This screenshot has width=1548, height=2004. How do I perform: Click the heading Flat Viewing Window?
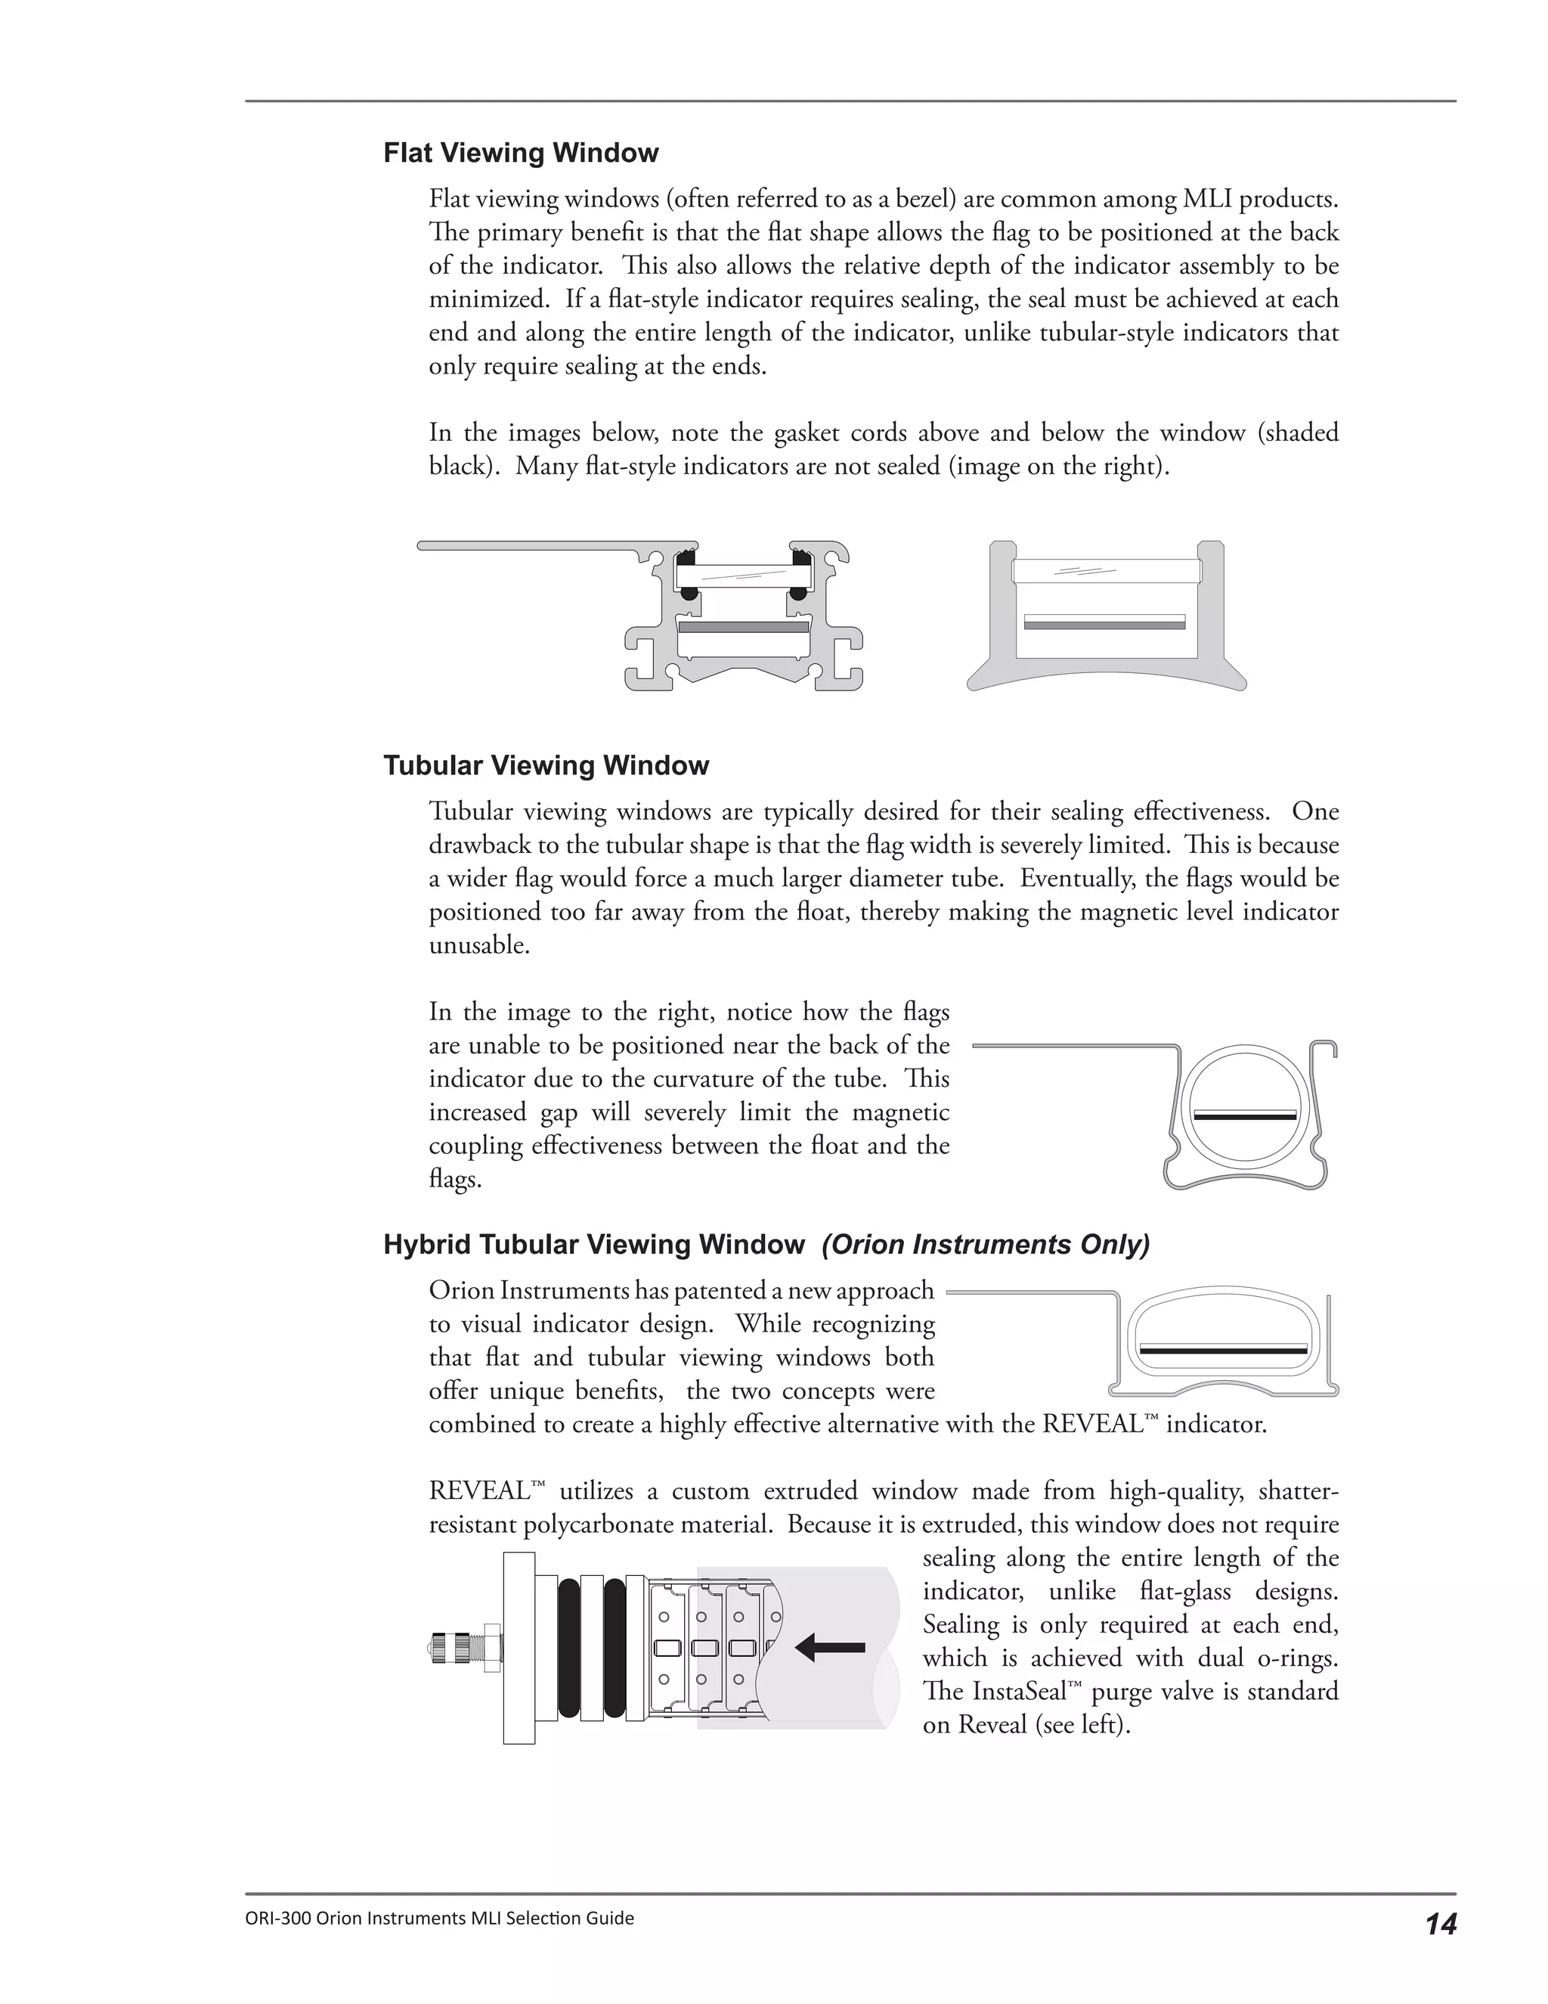pos(520,154)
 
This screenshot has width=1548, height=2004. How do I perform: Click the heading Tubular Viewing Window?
pos(546,766)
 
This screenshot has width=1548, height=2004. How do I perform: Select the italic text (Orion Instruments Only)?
pos(985,1246)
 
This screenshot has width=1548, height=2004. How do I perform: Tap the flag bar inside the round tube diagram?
pos(1244,1117)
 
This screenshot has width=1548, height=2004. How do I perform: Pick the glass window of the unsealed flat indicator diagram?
pos(1105,572)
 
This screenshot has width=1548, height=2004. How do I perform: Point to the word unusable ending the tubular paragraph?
pos(478,946)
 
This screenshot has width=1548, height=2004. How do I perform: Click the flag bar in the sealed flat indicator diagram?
pos(744,628)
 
